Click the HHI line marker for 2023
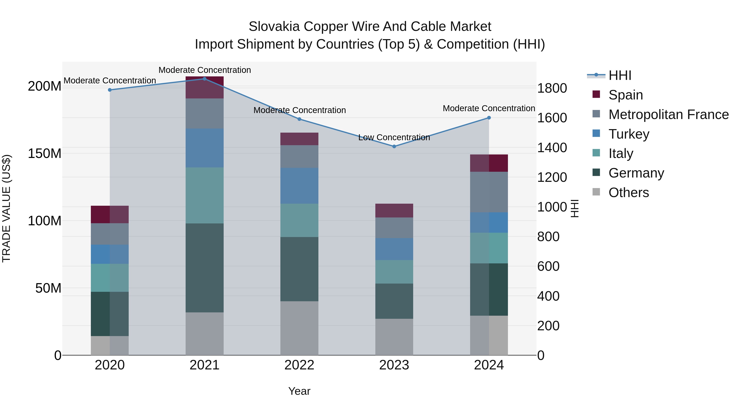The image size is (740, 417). (394, 146)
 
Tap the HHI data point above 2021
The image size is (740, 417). (205, 79)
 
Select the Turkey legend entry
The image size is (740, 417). (629, 134)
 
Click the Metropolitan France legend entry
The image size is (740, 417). (668, 114)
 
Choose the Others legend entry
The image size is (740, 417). (629, 193)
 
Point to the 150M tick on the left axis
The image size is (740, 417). (45, 153)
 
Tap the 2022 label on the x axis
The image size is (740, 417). (299, 365)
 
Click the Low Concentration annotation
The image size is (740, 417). (394, 138)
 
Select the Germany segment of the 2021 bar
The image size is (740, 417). (205, 268)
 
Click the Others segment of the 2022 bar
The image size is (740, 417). (299, 328)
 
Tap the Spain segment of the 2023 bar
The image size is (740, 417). (394, 210)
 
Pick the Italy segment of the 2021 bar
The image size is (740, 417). (205, 195)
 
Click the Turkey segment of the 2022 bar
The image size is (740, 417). (299, 186)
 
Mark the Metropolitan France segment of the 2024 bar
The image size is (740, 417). (489, 192)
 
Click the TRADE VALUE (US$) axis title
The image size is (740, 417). (6, 208)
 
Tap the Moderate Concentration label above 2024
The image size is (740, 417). (489, 109)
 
